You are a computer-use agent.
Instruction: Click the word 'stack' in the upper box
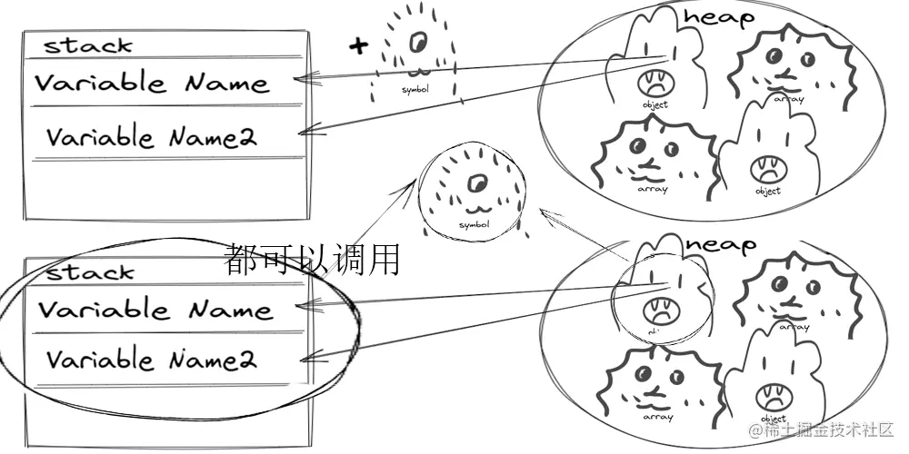coord(88,44)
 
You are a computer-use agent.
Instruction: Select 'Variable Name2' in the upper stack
coord(152,137)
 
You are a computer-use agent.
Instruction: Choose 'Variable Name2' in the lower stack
coord(152,360)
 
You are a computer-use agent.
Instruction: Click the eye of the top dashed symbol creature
coord(419,41)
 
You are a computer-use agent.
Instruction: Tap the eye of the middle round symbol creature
coord(474,186)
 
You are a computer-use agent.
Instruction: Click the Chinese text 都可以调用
coord(312,260)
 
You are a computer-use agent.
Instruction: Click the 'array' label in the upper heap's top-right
coord(788,100)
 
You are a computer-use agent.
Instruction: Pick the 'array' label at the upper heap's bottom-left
coord(653,189)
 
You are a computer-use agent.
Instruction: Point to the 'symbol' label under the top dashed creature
coord(415,90)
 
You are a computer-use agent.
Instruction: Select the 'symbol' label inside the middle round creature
coord(474,224)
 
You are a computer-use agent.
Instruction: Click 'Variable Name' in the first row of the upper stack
coord(152,84)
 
